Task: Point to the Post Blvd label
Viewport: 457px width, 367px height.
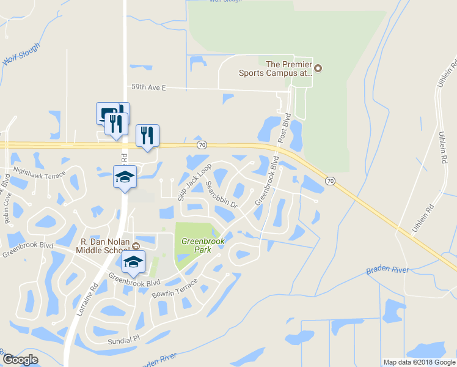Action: tap(283, 128)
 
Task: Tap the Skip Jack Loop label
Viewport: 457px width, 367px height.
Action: tap(194, 182)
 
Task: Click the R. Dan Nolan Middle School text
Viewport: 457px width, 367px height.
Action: tap(103, 245)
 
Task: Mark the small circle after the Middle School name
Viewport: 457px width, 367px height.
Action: tap(136, 246)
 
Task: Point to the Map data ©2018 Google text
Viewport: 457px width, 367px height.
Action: tap(419, 362)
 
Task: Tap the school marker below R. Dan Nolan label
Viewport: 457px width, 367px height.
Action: tap(134, 262)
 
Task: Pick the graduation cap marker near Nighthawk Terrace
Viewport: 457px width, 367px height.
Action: tap(125, 178)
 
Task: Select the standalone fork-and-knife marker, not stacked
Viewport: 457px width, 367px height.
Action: tap(147, 135)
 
